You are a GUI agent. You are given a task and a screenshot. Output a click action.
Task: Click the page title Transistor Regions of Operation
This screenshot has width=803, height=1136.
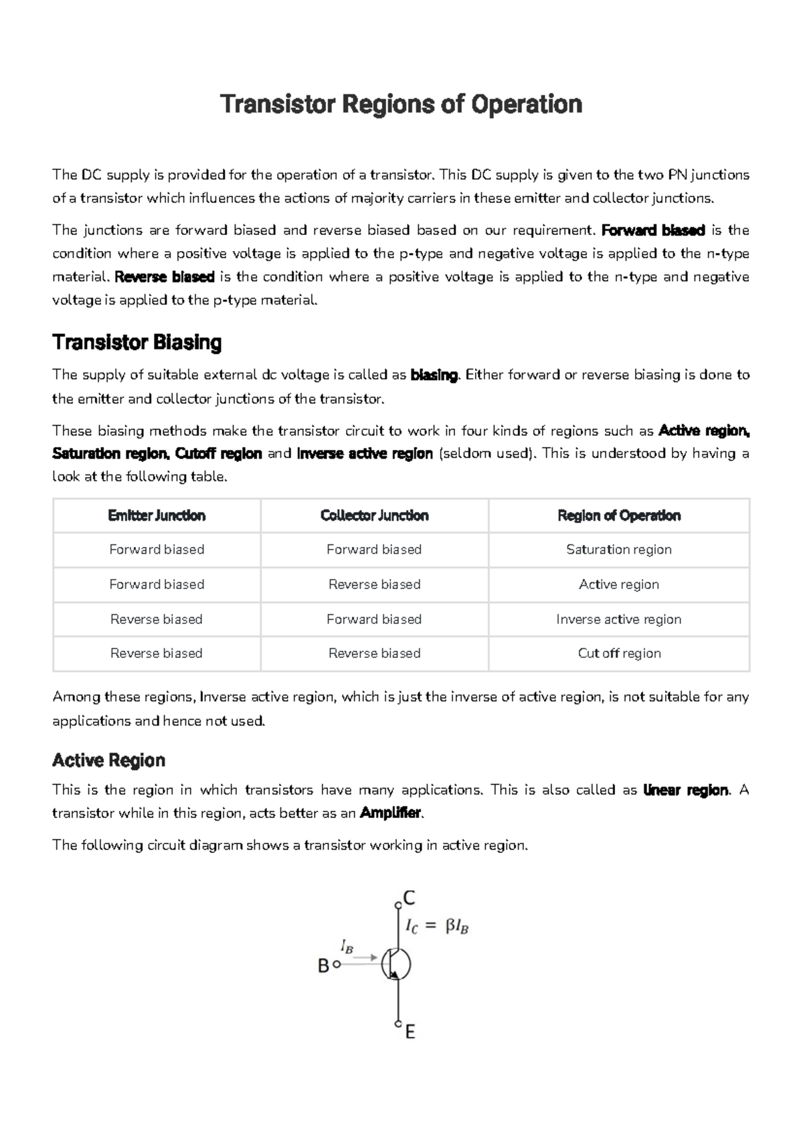tap(401, 104)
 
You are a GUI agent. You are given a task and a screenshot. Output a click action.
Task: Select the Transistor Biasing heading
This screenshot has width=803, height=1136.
tap(137, 343)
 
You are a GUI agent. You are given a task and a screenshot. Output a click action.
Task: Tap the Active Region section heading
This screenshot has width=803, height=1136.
tap(108, 760)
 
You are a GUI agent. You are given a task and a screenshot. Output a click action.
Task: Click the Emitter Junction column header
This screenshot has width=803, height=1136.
tap(157, 515)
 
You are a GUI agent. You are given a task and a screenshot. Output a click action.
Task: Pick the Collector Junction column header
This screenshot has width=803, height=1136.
tap(374, 515)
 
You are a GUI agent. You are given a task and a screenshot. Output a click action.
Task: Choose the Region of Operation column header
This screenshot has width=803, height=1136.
tap(619, 515)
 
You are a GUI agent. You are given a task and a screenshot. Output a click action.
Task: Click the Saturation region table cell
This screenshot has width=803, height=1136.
tap(619, 550)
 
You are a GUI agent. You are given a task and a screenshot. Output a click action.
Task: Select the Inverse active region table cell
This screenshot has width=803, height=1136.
tap(619, 619)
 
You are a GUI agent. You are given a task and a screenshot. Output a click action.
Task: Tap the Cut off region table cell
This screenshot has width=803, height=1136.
tap(619, 653)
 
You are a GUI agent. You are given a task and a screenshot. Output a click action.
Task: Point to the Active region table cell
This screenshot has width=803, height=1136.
tap(619, 584)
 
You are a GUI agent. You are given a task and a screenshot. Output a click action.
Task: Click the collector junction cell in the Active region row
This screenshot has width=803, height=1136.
tap(374, 584)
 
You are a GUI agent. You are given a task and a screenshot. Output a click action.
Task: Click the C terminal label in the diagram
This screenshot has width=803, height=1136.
tap(409, 898)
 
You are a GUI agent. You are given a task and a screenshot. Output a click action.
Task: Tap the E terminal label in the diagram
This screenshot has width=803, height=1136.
tap(410, 1032)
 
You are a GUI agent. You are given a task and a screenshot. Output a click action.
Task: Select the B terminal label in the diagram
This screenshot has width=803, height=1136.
tap(323, 966)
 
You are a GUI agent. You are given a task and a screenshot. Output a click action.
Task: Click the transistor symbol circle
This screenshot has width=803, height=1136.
tap(396, 965)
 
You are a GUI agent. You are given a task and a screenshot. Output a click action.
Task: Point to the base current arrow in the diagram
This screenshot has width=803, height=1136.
tap(365, 958)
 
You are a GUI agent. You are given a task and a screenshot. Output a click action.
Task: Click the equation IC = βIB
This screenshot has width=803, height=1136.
tap(437, 926)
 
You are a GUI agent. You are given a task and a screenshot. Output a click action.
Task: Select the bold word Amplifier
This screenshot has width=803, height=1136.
tap(391, 813)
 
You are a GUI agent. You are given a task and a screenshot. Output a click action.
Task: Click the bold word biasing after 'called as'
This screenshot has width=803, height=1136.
tap(434, 375)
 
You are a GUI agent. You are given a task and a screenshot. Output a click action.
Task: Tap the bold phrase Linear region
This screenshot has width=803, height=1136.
tap(685, 790)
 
